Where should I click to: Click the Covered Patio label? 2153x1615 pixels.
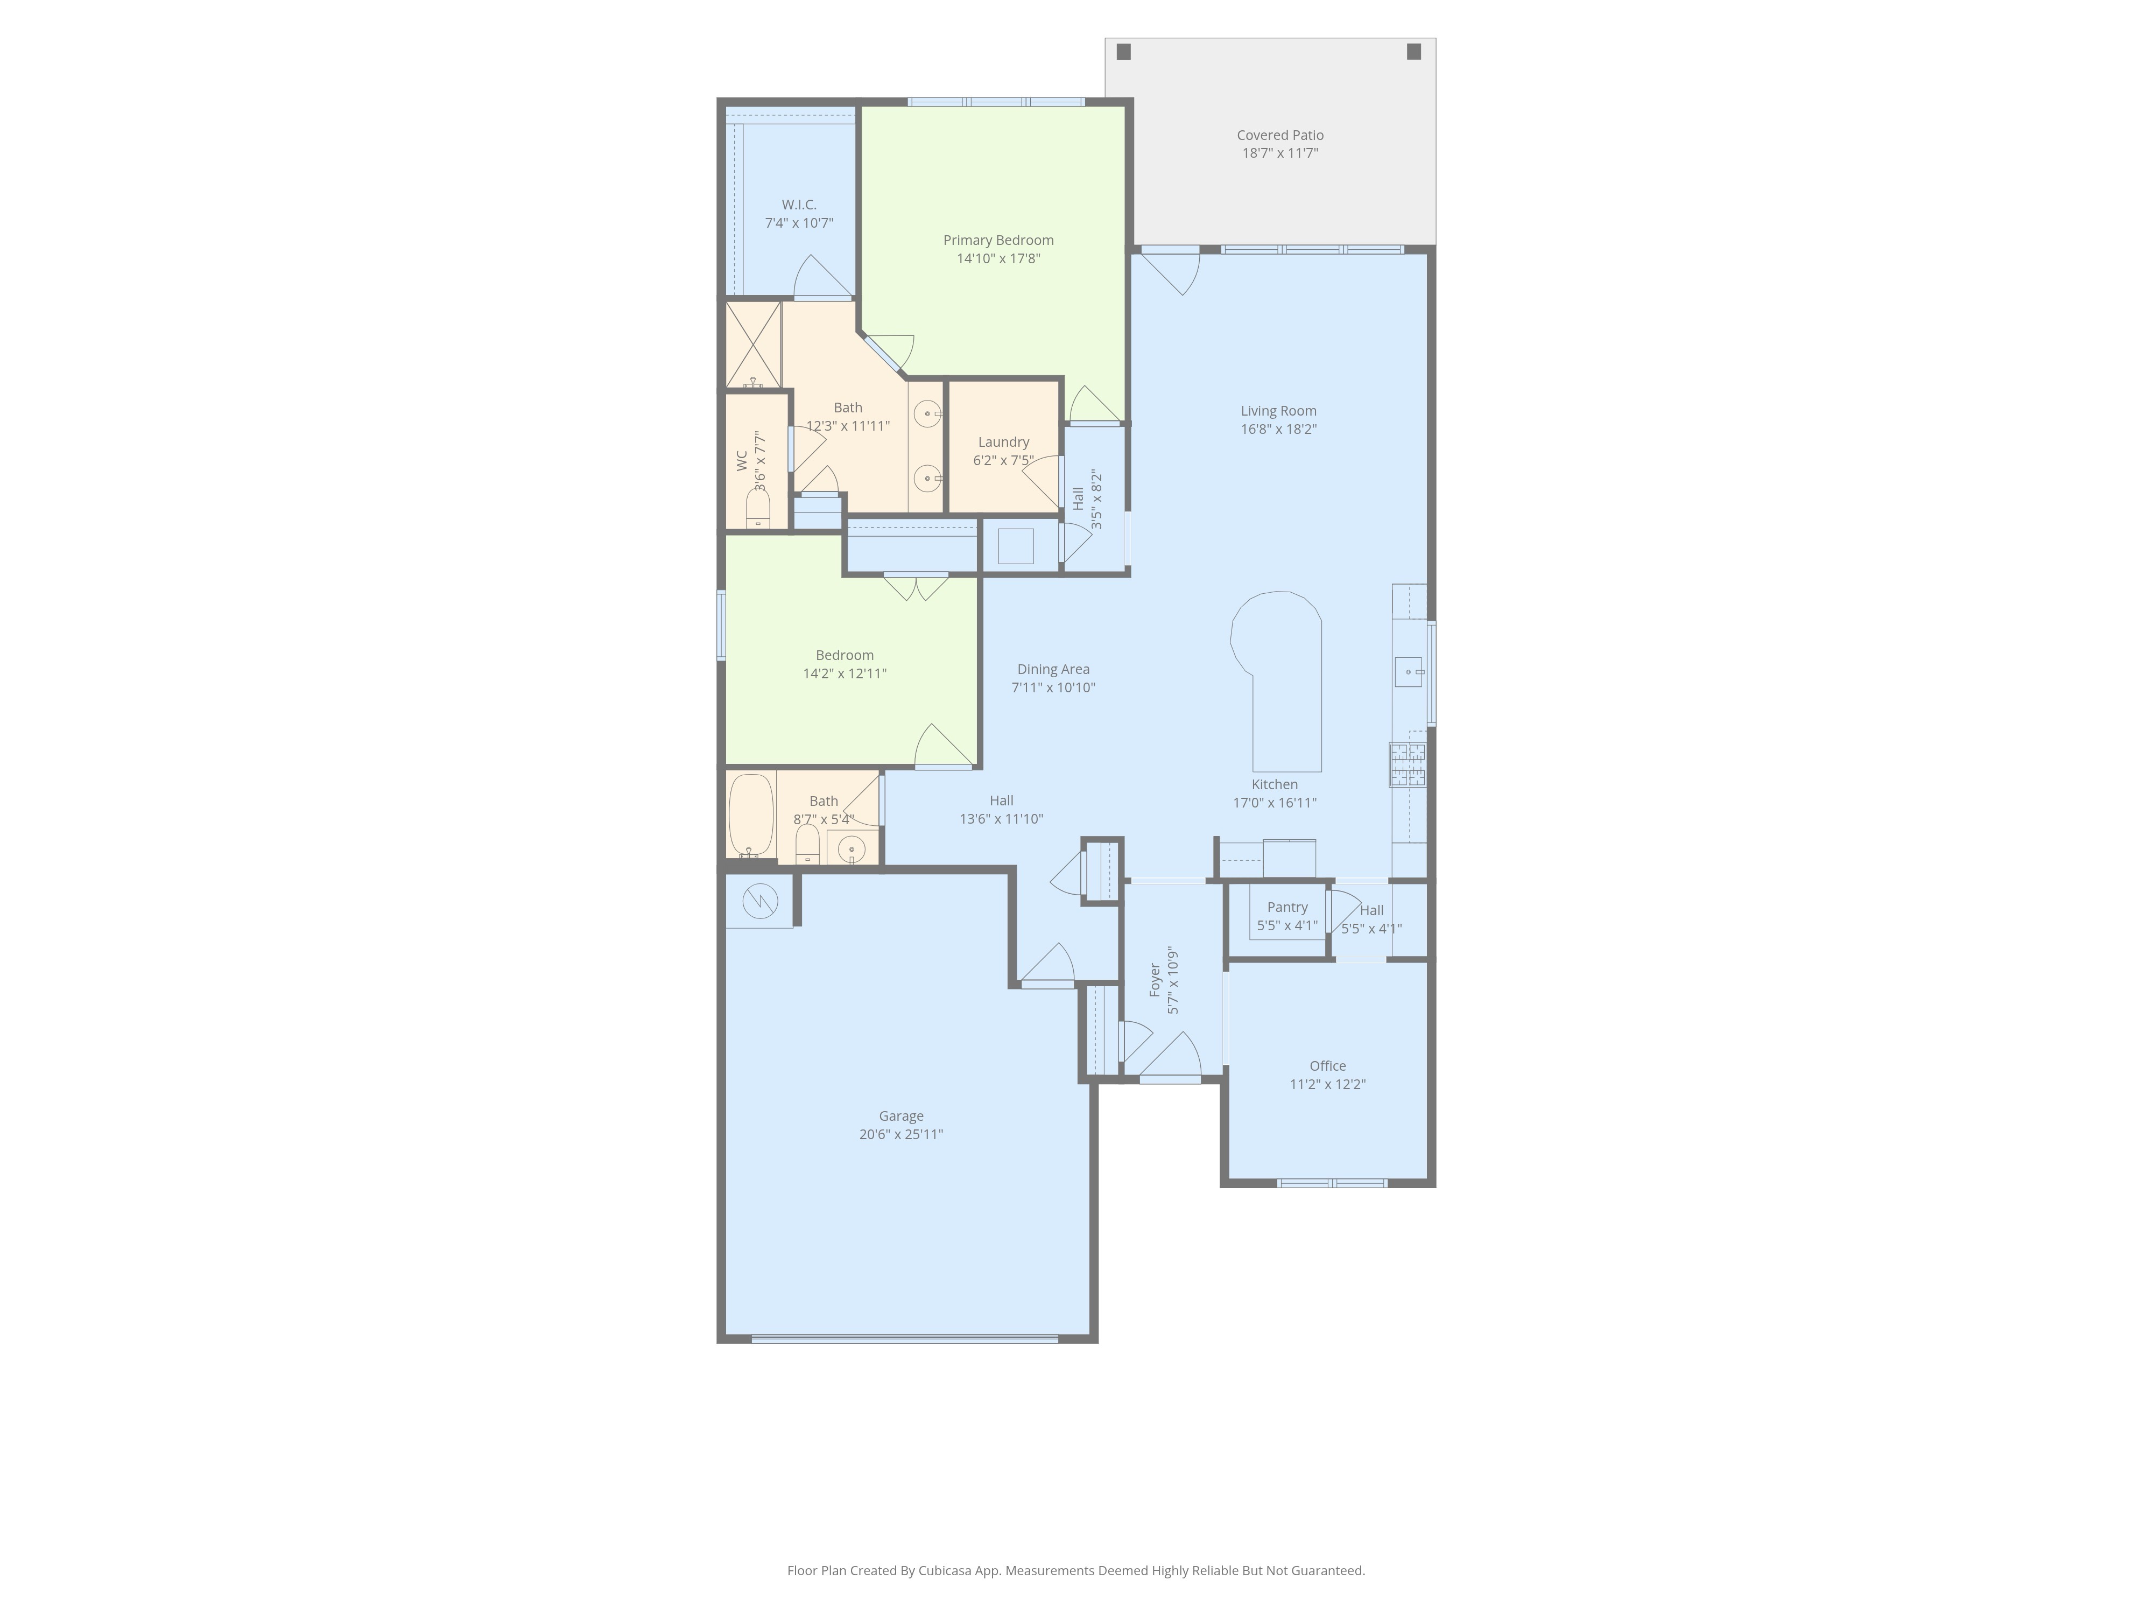[x=1280, y=135]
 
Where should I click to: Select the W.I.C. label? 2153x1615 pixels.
[x=799, y=205]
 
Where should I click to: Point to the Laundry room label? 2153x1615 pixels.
[x=1003, y=442]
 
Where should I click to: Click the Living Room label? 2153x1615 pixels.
[x=1279, y=411]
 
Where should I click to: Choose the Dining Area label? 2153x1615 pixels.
[x=1053, y=669]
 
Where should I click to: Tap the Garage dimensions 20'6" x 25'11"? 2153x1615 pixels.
[x=902, y=1134]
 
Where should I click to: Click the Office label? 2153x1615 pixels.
[x=1328, y=1066]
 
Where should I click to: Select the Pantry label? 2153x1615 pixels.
[x=1287, y=907]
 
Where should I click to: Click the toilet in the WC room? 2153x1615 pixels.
[x=758, y=508]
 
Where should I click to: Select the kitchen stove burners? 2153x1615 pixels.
[x=1408, y=764]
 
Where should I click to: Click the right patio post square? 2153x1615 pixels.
[x=1414, y=52]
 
